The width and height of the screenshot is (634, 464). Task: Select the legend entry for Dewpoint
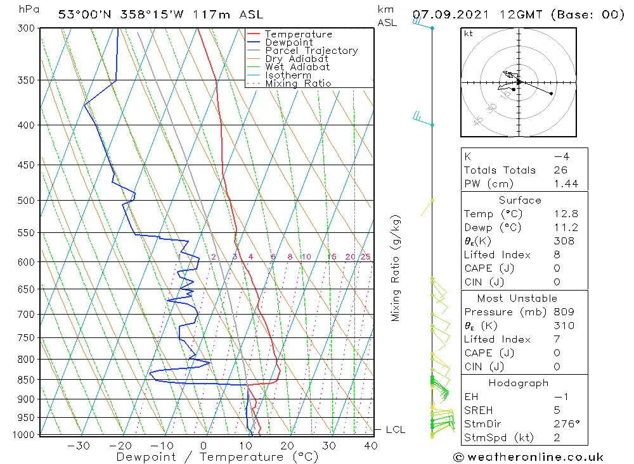[x=288, y=42]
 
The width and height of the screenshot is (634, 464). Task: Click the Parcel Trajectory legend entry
[x=311, y=51]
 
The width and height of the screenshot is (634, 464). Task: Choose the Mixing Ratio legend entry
[x=298, y=84]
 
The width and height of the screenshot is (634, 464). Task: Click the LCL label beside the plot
[x=395, y=429]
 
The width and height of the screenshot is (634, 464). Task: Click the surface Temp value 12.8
[x=565, y=214]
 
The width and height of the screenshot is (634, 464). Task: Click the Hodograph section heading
[x=519, y=383]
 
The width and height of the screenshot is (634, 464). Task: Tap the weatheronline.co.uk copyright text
[x=529, y=457]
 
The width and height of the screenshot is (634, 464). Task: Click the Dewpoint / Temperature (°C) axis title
[x=217, y=457]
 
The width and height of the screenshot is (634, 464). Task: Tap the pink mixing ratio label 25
[x=365, y=256]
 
